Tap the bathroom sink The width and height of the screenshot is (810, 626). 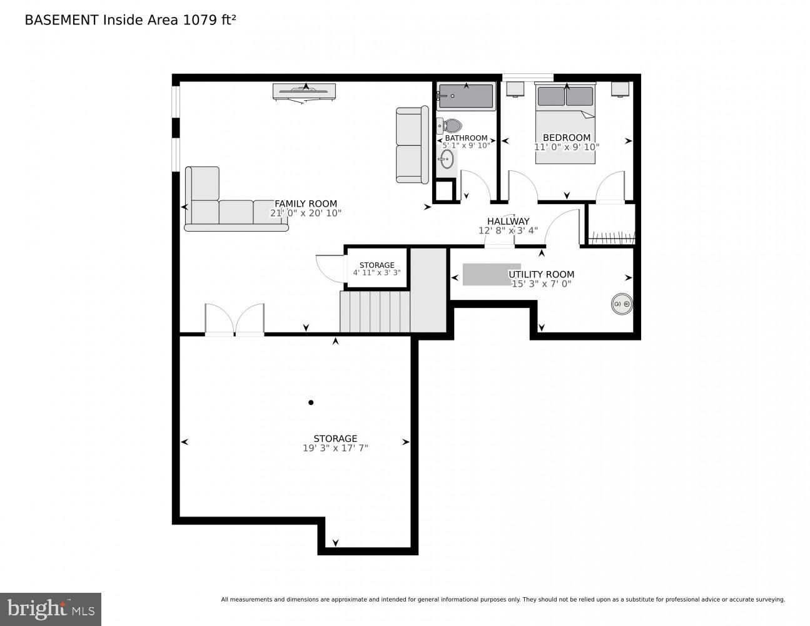click(x=446, y=160)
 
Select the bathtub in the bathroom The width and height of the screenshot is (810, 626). click(x=466, y=97)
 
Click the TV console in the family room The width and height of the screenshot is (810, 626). click(x=304, y=91)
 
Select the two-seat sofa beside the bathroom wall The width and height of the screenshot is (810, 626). click(x=411, y=145)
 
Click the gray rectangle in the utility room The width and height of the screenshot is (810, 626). click(x=491, y=274)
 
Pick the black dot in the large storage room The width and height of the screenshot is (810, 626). click(x=311, y=403)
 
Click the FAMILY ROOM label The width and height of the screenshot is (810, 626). click(x=306, y=203)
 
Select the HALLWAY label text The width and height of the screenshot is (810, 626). click(x=508, y=221)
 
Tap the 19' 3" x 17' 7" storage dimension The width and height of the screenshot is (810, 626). click(x=335, y=448)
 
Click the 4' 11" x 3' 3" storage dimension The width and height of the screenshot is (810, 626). click(x=377, y=273)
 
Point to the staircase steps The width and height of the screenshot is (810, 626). click(x=374, y=311)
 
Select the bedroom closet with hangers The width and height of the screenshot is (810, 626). click(x=611, y=225)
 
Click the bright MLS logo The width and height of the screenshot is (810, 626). click(x=51, y=608)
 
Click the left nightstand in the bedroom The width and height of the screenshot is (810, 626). click(x=515, y=90)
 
